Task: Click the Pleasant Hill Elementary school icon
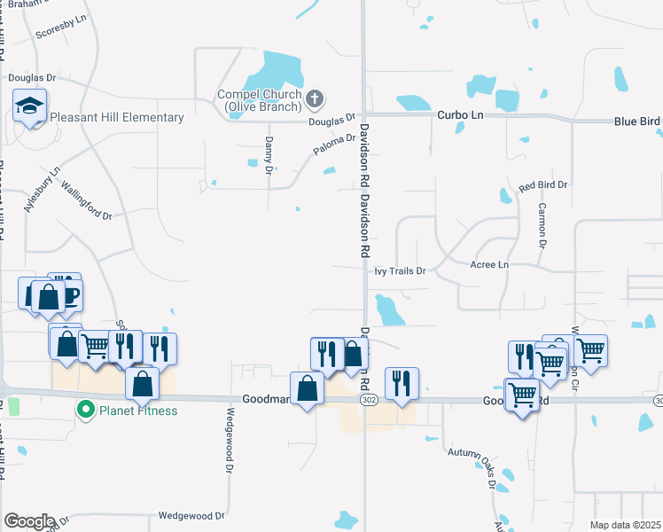tap(29, 108)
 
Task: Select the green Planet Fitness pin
tap(85, 411)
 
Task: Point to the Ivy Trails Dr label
tap(400, 270)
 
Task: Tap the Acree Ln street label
tap(490, 264)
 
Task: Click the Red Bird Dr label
tap(542, 184)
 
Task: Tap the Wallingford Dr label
tap(86, 200)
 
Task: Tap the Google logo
tap(29, 521)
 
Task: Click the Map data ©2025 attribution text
tap(625, 525)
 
